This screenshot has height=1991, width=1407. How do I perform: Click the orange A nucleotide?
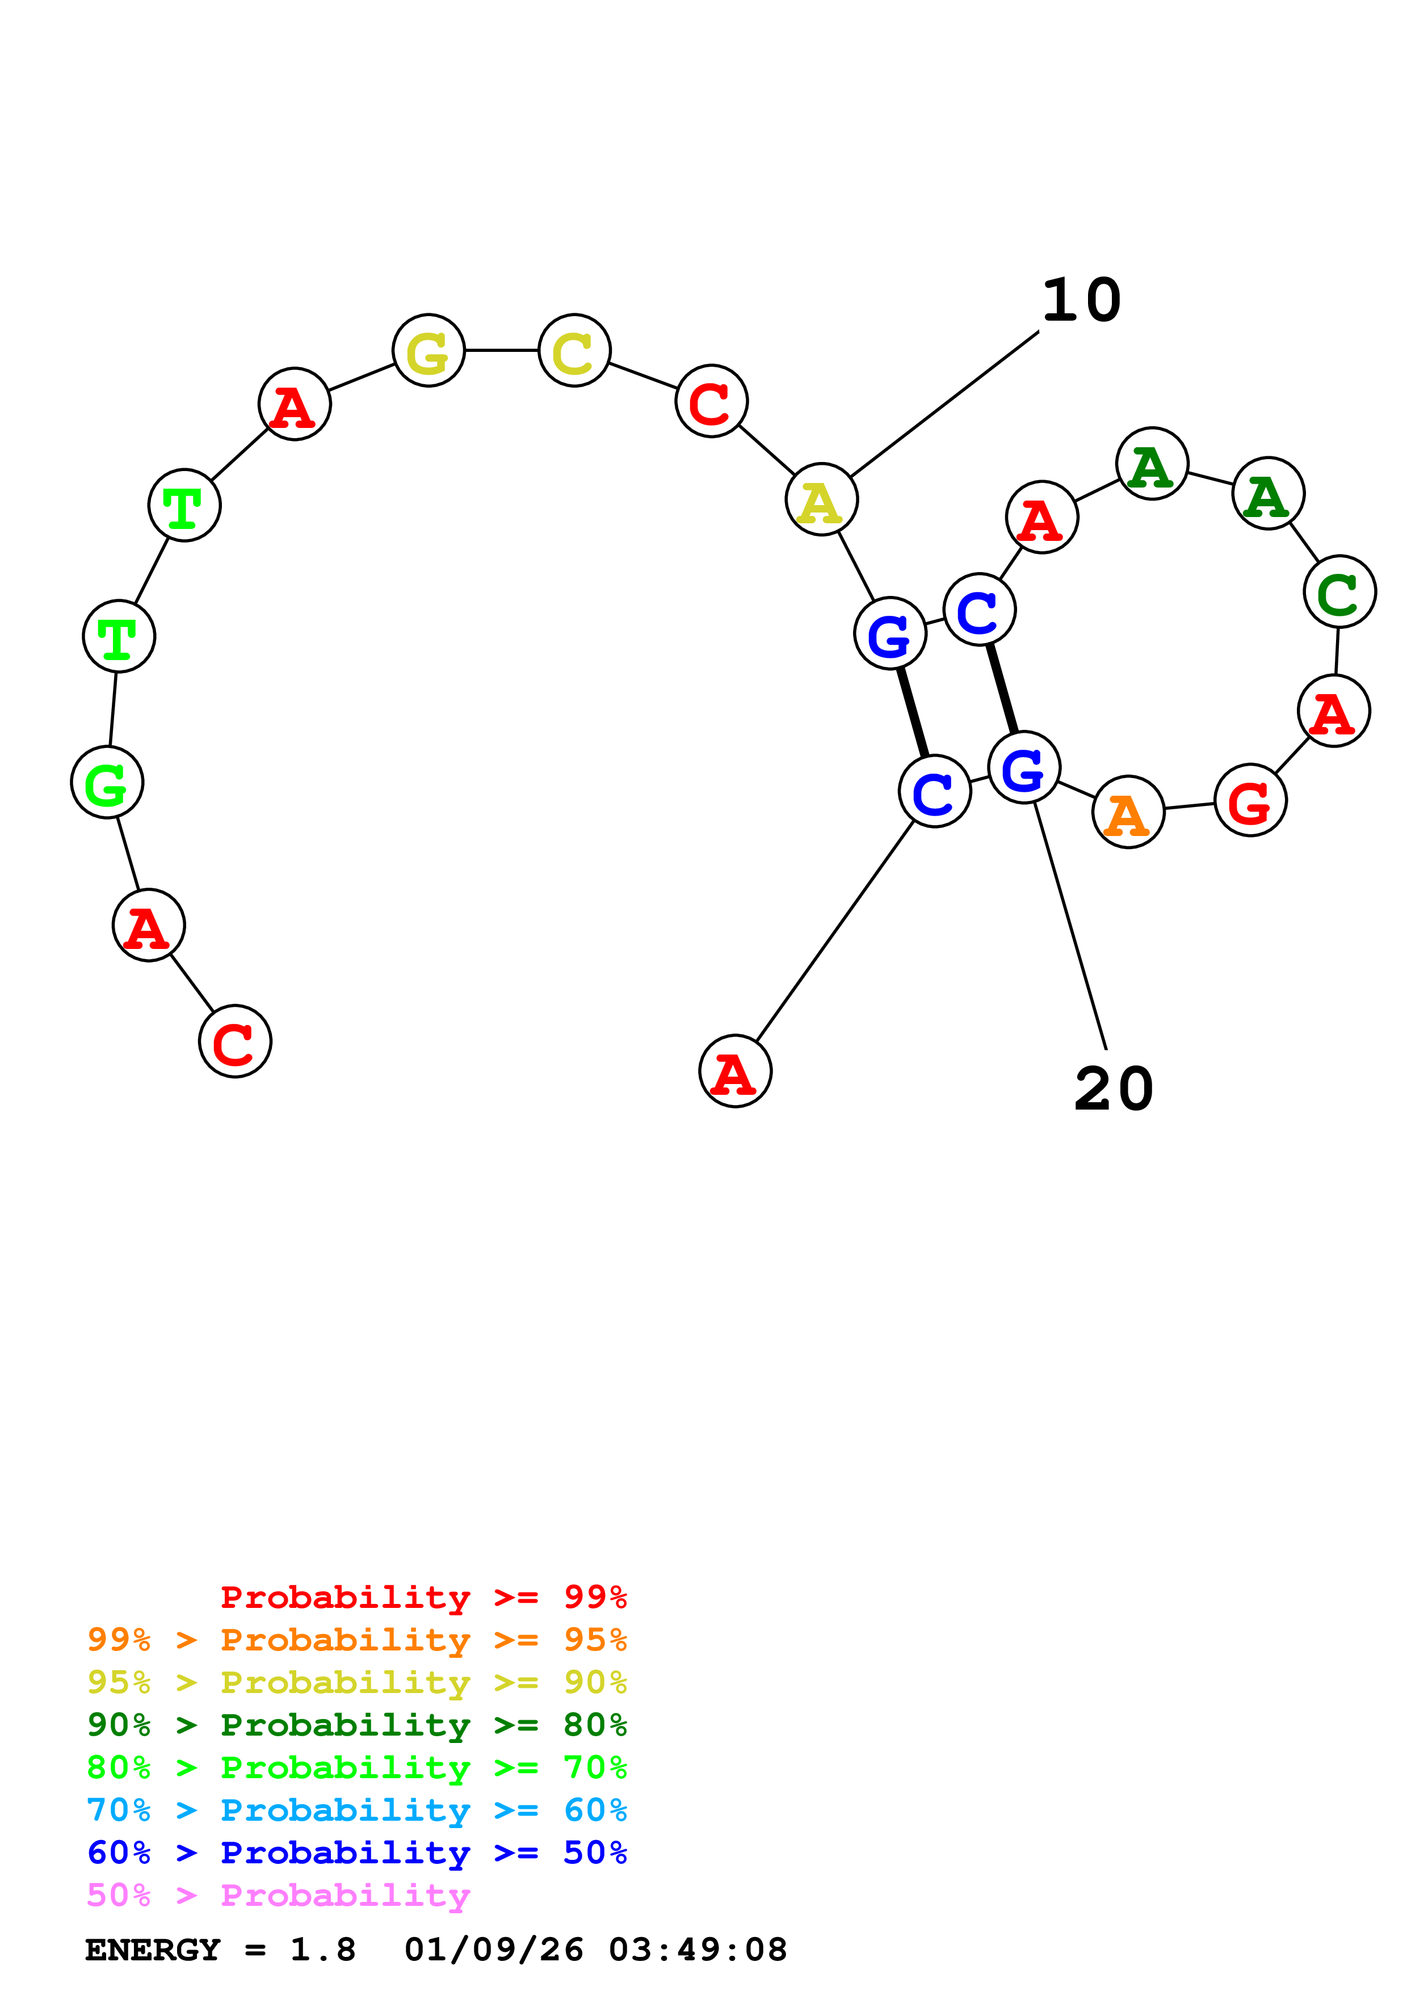pyautogui.click(x=1128, y=813)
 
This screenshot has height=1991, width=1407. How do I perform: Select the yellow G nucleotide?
pyautogui.click(x=429, y=350)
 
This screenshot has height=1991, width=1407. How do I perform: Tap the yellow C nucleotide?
pyautogui.click(x=574, y=350)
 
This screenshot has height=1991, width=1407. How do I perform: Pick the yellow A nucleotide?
pyautogui.click(x=821, y=501)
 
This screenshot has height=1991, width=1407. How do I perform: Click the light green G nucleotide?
pyautogui.click(x=107, y=782)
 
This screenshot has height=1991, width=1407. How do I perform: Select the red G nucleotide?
pyautogui.click(x=1250, y=800)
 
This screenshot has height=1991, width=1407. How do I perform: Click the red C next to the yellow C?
pyautogui.click(x=711, y=401)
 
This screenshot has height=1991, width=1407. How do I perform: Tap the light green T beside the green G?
pyautogui.click(x=119, y=636)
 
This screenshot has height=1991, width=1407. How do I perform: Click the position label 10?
pyautogui.click(x=1081, y=301)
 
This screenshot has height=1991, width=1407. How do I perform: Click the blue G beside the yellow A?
pyautogui.click(x=889, y=634)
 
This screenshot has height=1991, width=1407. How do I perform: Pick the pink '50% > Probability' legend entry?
pyautogui.click(x=278, y=1896)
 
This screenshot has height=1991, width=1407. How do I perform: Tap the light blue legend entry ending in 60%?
pyautogui.click(x=356, y=1811)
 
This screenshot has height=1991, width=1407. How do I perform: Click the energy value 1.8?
pyautogui.click(x=322, y=1950)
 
